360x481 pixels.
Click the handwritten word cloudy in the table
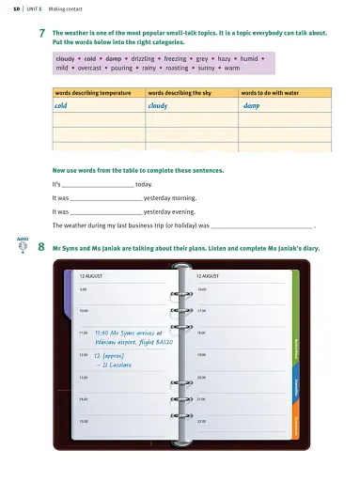tap(162, 106)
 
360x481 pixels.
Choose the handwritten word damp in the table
tap(253, 106)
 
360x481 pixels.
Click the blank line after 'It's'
tap(98, 186)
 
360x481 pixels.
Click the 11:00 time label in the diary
tap(84, 333)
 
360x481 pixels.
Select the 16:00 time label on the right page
tap(202, 288)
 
